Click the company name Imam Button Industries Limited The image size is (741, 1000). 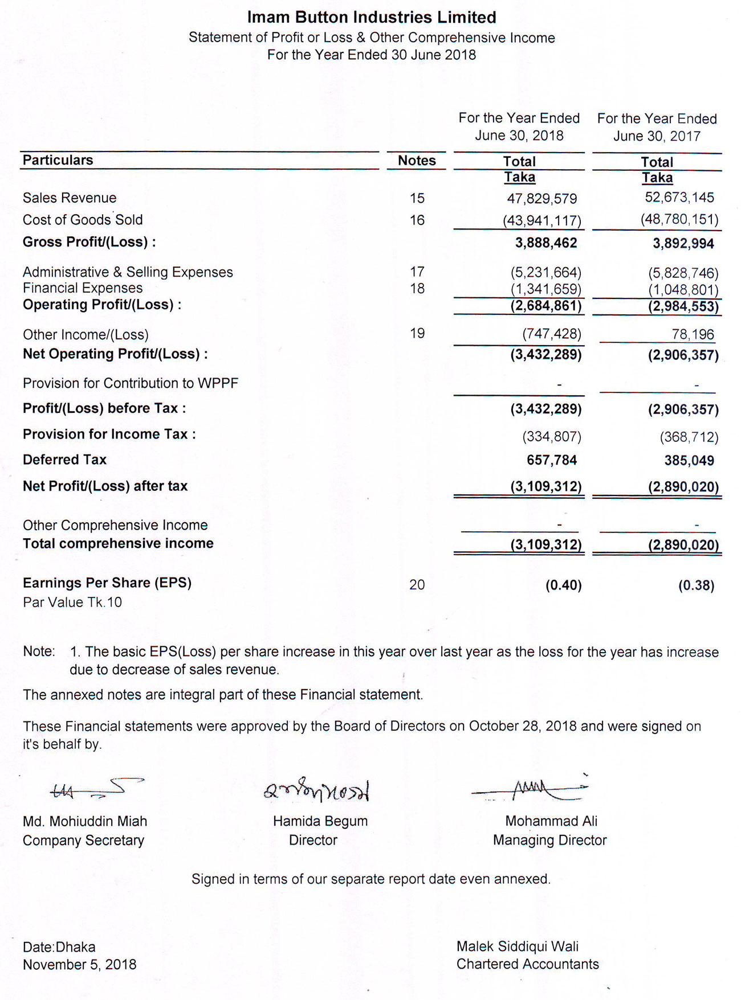371,18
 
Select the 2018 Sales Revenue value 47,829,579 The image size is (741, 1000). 541,199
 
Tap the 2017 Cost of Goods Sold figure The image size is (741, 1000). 679,219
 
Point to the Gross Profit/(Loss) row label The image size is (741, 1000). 89,242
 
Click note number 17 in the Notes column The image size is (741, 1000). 417,272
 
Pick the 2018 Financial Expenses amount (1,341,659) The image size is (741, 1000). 545,289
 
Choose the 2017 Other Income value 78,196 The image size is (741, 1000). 693,334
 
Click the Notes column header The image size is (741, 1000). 417,161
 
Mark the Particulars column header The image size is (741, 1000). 58,160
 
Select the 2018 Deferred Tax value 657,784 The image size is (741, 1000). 551,460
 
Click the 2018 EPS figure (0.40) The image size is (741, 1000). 563,585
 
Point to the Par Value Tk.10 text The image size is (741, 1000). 72,603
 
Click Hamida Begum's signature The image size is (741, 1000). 316,790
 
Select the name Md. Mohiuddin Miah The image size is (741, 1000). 85,821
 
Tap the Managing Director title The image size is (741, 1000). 549,840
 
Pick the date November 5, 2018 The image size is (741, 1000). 79,965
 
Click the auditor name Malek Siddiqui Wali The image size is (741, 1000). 517,946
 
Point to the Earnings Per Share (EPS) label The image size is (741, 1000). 107,583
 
